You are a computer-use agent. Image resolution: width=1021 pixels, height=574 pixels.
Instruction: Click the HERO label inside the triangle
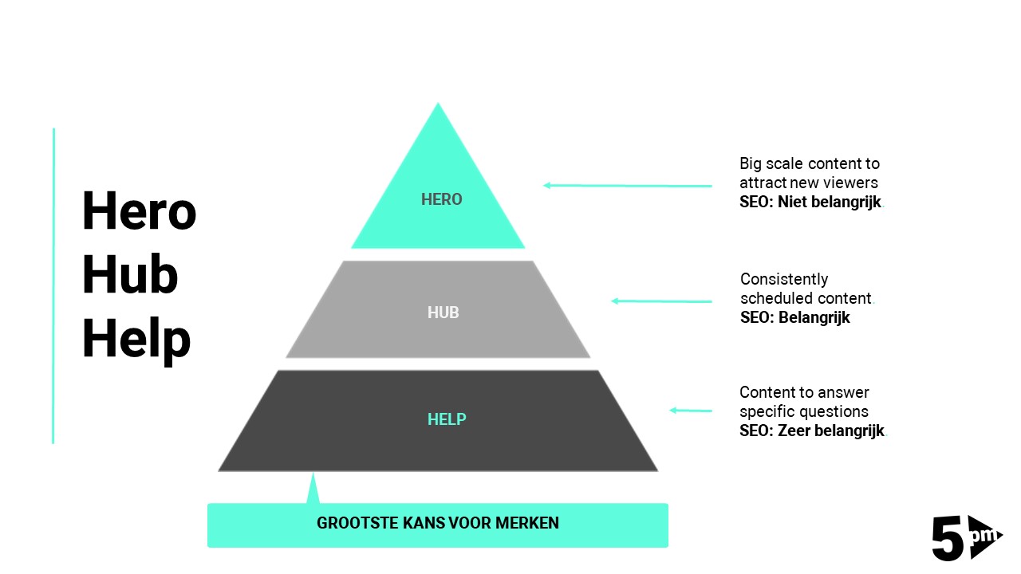click(x=441, y=199)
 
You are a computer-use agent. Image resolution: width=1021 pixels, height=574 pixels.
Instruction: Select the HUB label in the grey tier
click(x=443, y=313)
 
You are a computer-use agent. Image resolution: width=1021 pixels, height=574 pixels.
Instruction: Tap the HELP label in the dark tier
click(x=447, y=419)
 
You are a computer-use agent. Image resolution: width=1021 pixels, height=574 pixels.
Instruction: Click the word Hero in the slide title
click(x=139, y=211)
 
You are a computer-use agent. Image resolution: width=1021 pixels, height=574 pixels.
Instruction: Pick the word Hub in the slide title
click(x=129, y=275)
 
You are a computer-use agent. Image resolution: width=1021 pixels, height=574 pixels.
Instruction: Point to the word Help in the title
click(x=136, y=339)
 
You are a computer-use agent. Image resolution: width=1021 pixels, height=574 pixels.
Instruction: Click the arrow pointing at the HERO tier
click(x=627, y=186)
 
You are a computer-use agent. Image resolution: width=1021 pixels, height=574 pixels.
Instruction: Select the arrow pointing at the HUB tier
click(x=661, y=301)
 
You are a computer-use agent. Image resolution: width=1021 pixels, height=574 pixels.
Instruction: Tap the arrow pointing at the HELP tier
click(x=690, y=411)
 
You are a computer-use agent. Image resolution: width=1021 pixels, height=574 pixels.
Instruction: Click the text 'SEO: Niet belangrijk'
click(x=810, y=202)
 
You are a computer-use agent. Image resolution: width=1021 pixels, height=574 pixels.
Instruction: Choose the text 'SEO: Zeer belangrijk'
click(x=812, y=431)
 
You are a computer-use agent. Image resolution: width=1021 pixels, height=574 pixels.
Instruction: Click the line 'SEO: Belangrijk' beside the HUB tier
click(x=794, y=317)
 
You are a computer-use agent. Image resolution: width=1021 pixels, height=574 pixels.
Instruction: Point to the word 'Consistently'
click(x=784, y=279)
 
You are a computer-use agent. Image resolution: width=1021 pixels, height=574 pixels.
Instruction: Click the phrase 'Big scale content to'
click(x=810, y=163)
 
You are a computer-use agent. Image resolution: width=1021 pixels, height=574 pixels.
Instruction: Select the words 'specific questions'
click(x=803, y=411)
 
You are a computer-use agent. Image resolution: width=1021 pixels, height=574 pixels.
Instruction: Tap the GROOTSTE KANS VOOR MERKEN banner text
click(x=438, y=524)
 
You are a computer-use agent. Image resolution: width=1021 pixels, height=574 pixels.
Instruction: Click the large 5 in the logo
click(x=948, y=538)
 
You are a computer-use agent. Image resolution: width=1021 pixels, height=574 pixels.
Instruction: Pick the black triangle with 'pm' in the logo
click(x=983, y=536)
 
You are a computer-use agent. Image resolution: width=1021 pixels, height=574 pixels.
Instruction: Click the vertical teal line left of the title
click(x=53, y=285)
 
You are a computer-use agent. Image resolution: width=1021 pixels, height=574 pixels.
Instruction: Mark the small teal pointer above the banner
click(x=313, y=489)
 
